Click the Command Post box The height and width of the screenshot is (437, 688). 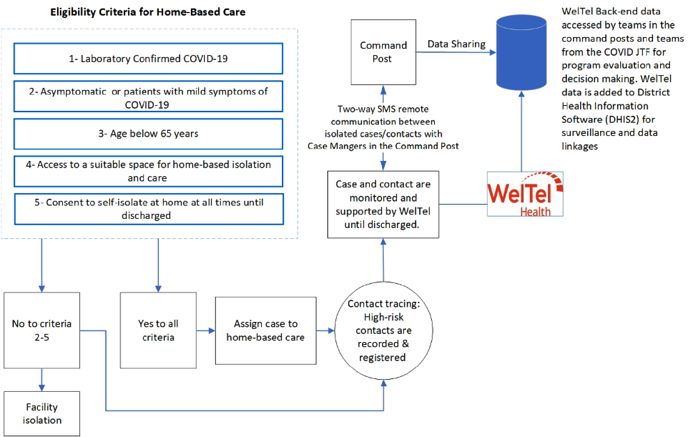click(x=383, y=52)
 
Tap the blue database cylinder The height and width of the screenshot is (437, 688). click(x=521, y=52)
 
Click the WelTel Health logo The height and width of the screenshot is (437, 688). click(x=525, y=194)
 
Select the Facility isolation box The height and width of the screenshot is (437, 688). click(x=42, y=413)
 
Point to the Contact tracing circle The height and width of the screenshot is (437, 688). click(x=383, y=330)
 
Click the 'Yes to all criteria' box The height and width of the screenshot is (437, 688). click(x=158, y=330)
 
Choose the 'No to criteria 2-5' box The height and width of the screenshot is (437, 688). click(x=42, y=330)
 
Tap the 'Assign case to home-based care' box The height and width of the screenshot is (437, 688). click(x=265, y=330)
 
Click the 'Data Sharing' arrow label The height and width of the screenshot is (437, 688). click(x=456, y=44)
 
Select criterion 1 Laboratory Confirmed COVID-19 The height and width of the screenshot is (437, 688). click(x=148, y=59)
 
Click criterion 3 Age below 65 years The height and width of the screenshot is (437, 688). click(x=148, y=134)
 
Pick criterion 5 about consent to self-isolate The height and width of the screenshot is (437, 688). click(x=149, y=209)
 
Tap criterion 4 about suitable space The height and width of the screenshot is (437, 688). click(x=148, y=171)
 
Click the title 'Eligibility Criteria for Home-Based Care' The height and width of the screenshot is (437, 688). click(x=148, y=12)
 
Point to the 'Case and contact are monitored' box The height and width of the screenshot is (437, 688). click(x=383, y=204)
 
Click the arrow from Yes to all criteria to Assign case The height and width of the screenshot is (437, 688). click(x=205, y=331)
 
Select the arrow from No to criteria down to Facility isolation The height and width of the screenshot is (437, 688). click(x=42, y=379)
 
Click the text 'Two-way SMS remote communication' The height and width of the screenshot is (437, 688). click(x=383, y=115)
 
